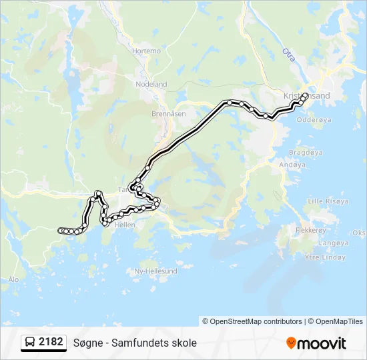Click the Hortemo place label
point(147,51)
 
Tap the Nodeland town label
point(151,85)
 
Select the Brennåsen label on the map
point(168,114)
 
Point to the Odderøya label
point(313,121)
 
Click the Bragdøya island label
point(306,152)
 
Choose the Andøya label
point(292,164)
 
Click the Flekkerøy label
point(312,230)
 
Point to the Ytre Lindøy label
point(324,257)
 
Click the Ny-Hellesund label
point(156,271)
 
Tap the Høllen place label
point(125,225)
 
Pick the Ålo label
point(13,279)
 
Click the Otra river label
point(288,53)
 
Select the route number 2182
point(51,342)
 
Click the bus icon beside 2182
point(30,343)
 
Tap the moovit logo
point(316,343)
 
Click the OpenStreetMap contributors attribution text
point(252,321)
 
